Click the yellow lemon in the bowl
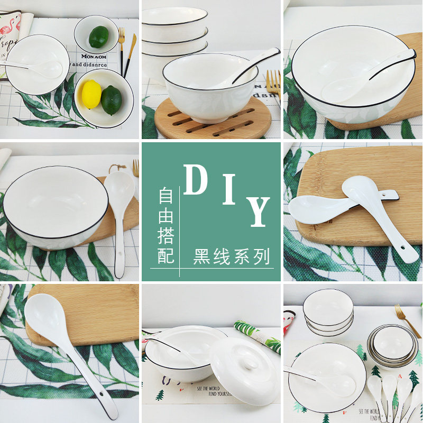point(91,94)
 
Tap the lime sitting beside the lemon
point(112,100)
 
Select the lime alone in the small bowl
point(98,37)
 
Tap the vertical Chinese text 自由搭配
point(166,226)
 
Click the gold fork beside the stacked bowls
point(408,320)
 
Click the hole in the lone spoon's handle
point(101,396)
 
